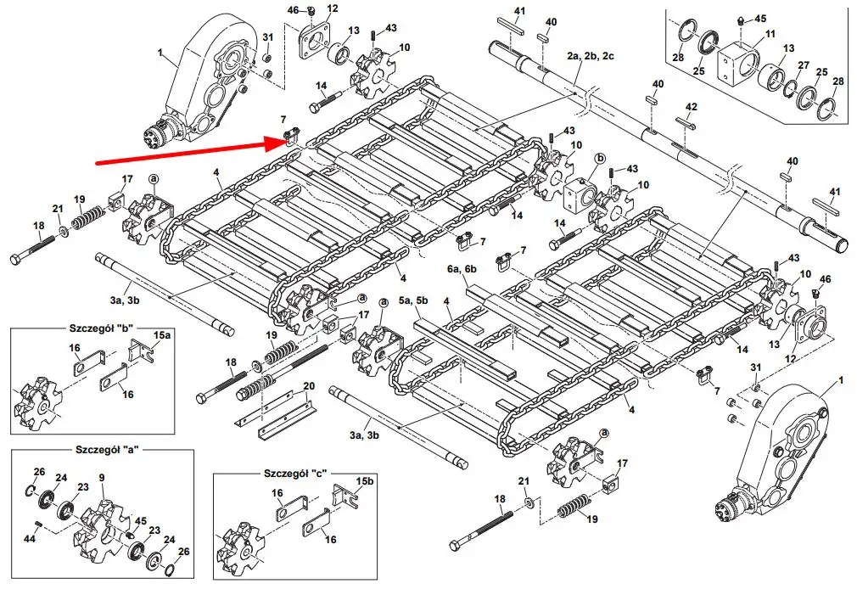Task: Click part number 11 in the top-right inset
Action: (x=770, y=34)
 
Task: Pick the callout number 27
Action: (x=804, y=65)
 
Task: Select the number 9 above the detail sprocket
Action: (x=102, y=478)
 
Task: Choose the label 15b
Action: (x=364, y=481)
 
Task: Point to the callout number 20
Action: (x=309, y=386)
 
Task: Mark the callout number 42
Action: (x=692, y=107)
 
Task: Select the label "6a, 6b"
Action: (x=462, y=268)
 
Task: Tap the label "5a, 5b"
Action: (x=414, y=300)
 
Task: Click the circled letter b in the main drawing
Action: (x=600, y=158)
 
